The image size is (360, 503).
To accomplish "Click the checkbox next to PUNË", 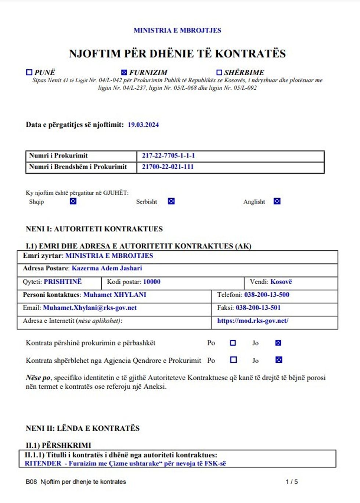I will point(29,72).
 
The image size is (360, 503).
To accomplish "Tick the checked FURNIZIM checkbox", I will point(124,72).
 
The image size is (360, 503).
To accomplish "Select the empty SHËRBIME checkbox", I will point(219,72).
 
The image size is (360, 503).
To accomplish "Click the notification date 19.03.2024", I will point(143,125).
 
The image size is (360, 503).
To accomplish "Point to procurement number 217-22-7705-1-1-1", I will point(168,155).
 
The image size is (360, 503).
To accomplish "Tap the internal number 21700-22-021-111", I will point(168,167).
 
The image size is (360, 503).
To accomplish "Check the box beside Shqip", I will point(73,201).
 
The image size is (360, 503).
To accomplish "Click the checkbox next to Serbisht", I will point(171,201).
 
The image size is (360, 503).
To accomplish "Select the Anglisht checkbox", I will point(277,201).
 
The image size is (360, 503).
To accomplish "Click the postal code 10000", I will point(152,282).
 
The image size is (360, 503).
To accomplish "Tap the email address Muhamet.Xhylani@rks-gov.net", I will point(90,308).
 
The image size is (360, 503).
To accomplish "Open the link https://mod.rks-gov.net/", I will point(253,321).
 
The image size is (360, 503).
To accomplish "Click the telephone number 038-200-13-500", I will point(267,294).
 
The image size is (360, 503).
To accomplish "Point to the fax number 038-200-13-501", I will point(258,308).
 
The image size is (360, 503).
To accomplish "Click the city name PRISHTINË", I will point(63,282).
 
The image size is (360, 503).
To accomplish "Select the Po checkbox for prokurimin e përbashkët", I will point(233,343).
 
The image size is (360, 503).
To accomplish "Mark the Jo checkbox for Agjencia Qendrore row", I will point(279,360).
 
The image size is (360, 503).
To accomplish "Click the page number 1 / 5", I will point(292,482).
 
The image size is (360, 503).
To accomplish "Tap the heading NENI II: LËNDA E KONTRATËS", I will point(83,428).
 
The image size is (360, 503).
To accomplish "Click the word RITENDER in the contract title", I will point(43,463).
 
